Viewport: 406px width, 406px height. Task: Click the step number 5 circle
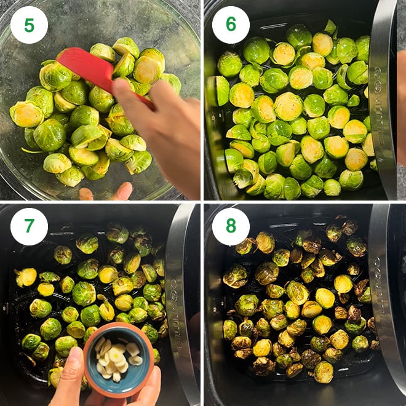pos(29,25)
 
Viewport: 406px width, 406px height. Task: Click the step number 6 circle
pos(231,25)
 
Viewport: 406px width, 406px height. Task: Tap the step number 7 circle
pos(29,226)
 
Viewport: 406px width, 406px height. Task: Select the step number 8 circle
pos(231,226)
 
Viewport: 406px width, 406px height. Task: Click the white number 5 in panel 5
pos(29,25)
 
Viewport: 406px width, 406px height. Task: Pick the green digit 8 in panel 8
pos(231,226)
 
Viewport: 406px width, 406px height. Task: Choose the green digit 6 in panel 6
pos(231,25)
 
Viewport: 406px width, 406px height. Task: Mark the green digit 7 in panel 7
pos(29,226)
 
